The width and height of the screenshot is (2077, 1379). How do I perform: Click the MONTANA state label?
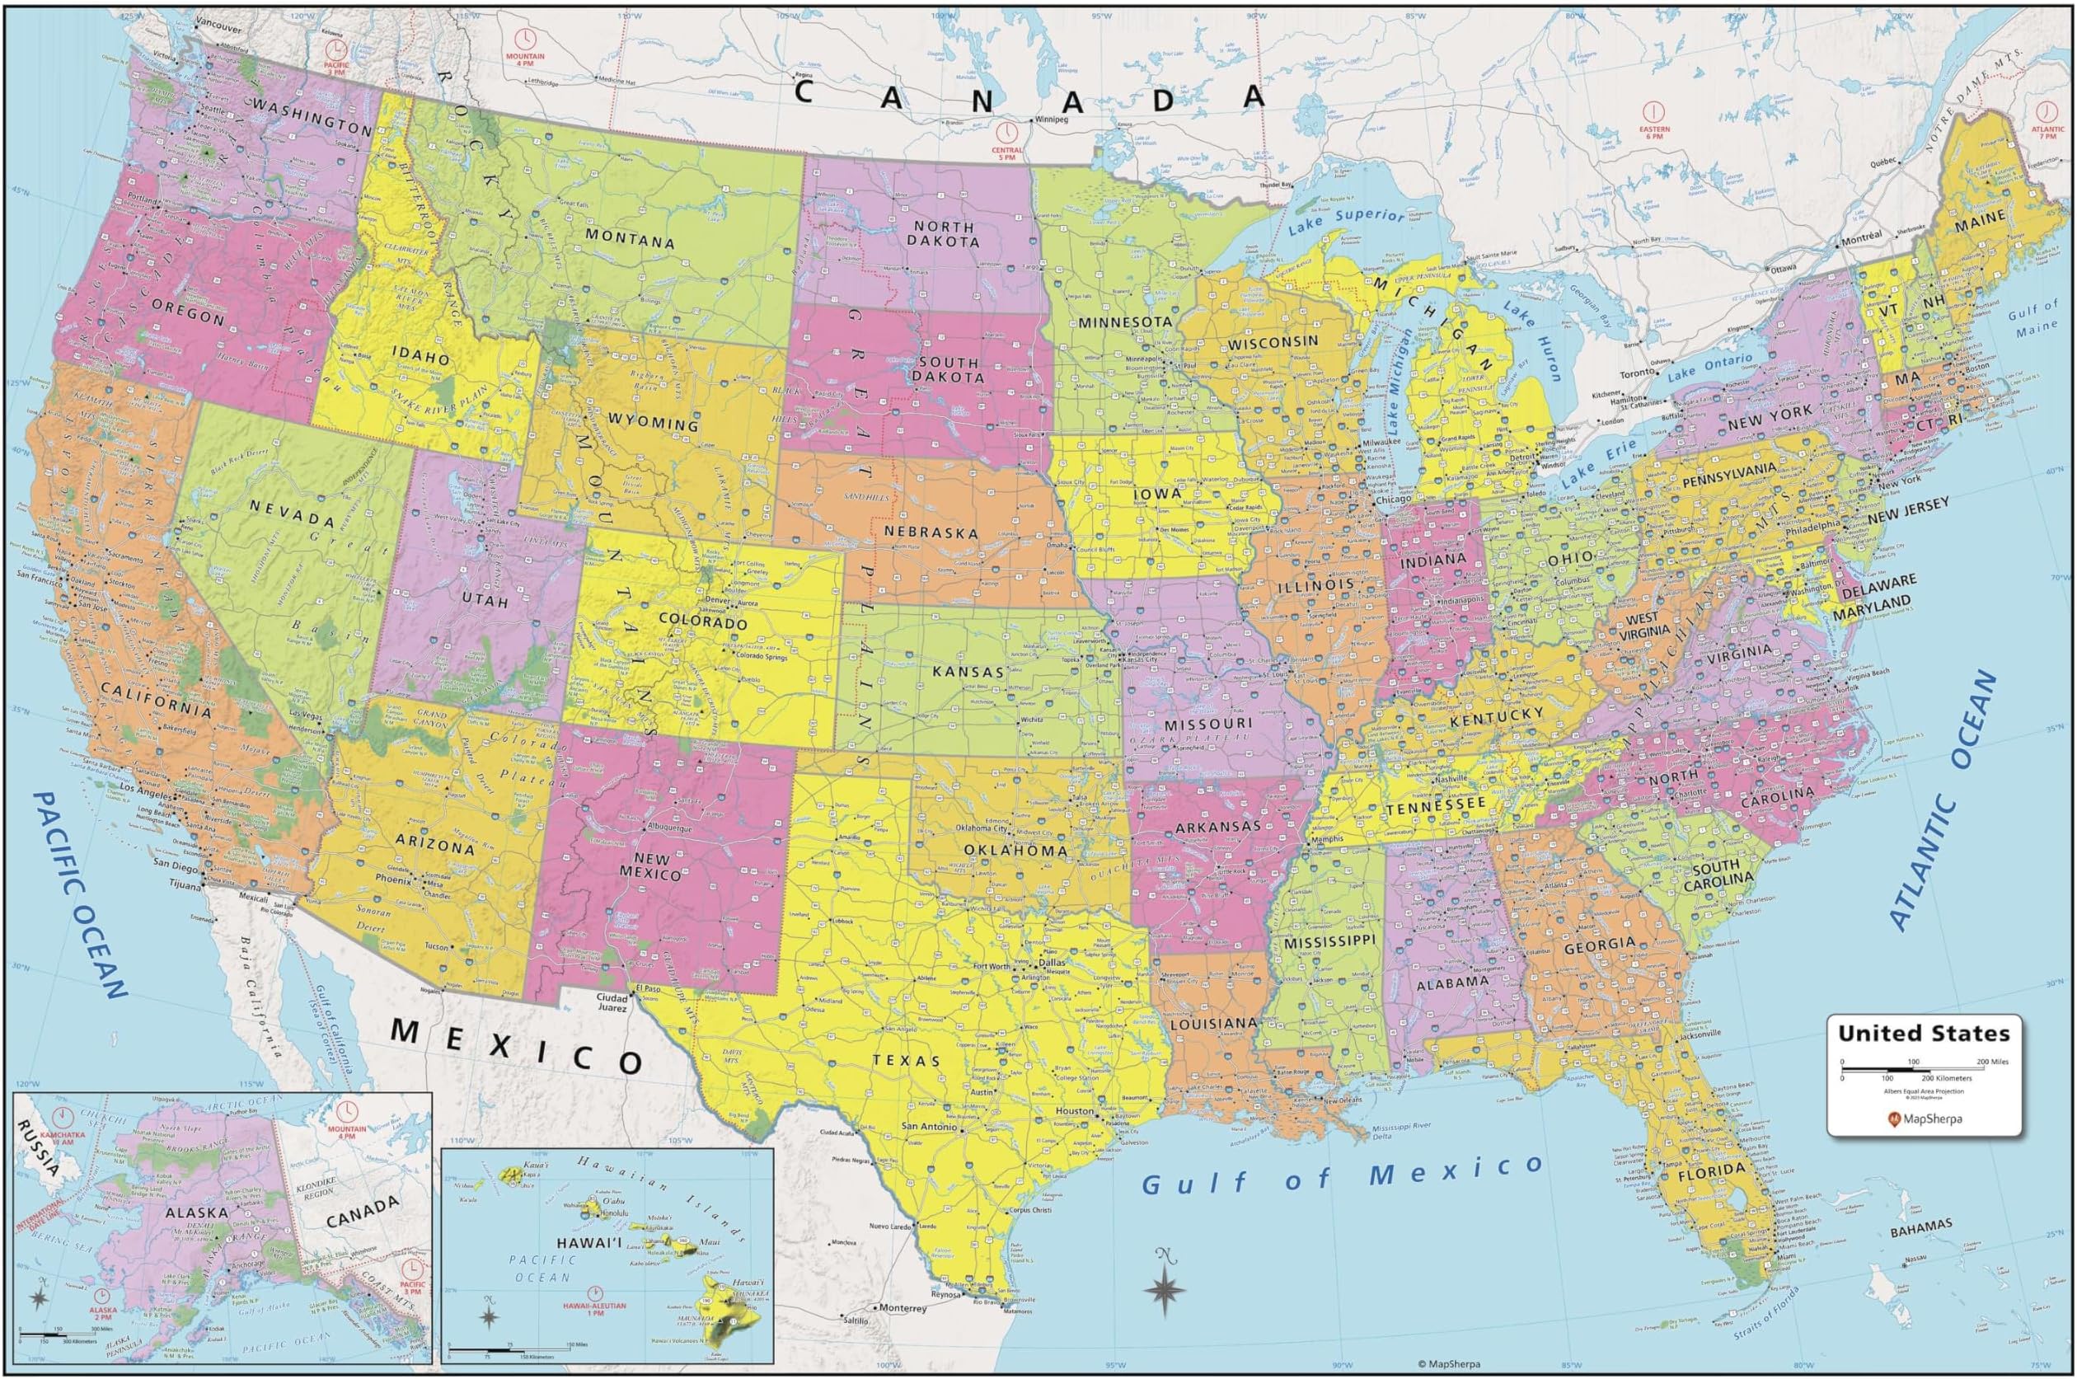point(630,242)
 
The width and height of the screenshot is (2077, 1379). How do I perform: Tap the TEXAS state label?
point(907,1061)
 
